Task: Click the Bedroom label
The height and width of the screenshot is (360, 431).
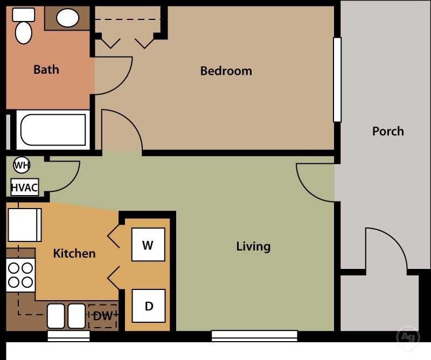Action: point(226,71)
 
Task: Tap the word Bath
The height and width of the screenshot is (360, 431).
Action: point(46,70)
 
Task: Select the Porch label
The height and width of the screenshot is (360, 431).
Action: point(388,131)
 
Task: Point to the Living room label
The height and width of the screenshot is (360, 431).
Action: point(253,246)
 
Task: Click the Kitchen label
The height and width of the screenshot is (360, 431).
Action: point(74,253)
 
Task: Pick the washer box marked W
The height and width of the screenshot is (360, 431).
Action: point(148,245)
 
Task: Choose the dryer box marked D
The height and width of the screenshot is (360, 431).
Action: point(149,306)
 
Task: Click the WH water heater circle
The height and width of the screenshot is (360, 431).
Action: point(22,165)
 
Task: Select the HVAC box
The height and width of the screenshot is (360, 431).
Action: point(25,188)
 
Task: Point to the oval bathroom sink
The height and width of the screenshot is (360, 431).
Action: point(68,18)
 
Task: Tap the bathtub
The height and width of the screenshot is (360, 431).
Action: point(53,130)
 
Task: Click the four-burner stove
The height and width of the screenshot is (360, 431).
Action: point(20,275)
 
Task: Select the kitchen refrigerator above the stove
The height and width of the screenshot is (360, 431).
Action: point(24,225)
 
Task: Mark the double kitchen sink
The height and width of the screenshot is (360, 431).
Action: point(66,316)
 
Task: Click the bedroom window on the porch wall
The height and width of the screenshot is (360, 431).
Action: point(337,80)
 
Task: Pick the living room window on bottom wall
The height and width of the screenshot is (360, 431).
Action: point(254,336)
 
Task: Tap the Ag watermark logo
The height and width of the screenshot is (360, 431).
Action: point(407,337)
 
